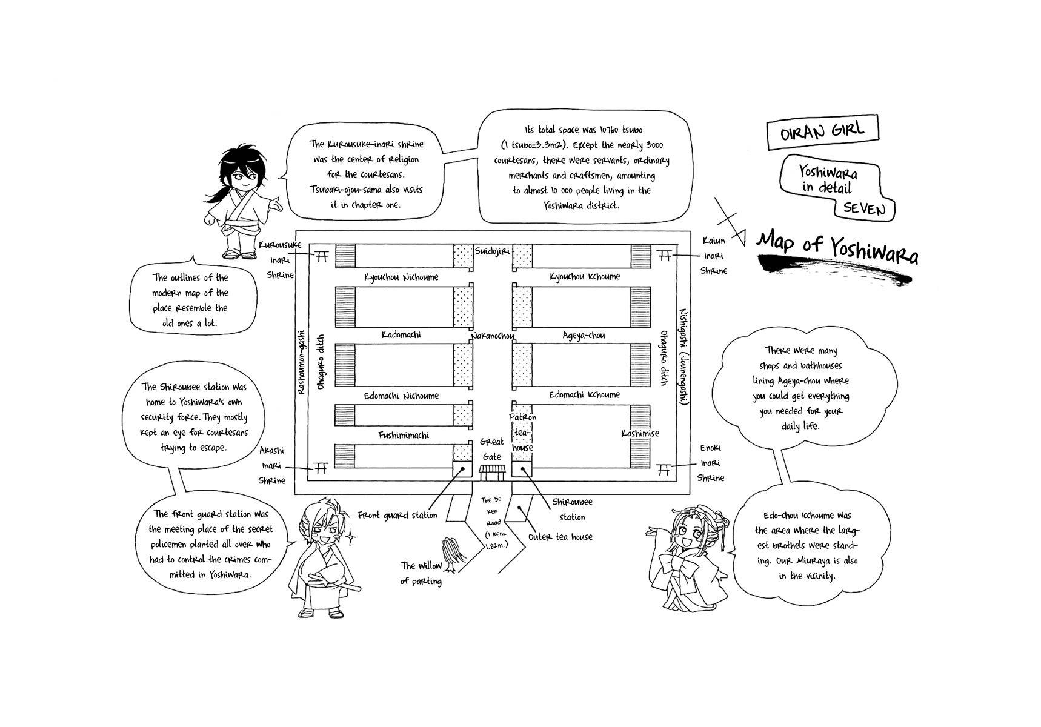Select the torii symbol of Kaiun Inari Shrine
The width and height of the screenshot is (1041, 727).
pos(665,256)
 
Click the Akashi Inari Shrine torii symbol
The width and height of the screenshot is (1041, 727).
pos(321,468)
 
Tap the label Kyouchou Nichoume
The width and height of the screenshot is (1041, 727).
pos(401,277)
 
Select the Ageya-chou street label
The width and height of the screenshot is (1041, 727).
pos(584,335)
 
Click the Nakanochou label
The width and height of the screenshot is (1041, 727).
pos(492,336)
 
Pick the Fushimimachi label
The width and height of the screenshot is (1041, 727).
pos(403,435)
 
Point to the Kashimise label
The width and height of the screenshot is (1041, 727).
pos(640,433)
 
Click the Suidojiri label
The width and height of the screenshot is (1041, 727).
pos(492,250)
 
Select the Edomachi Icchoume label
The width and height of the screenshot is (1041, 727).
pos(584,395)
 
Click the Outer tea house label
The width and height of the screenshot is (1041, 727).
pos(560,537)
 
